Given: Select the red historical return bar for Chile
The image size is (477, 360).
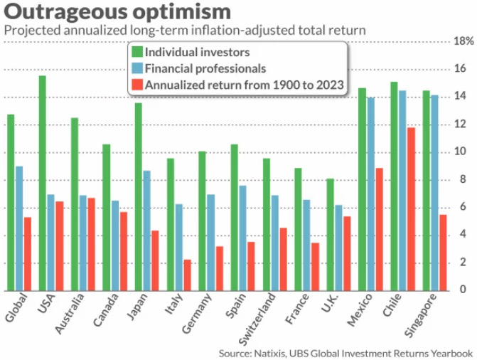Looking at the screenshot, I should (410, 209).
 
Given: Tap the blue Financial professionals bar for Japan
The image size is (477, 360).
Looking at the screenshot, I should (146, 231).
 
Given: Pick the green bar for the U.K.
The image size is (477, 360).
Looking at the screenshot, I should (330, 235).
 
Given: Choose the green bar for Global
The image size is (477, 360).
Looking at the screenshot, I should (11, 203).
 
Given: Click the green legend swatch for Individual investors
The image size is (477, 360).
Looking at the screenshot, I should (136, 53).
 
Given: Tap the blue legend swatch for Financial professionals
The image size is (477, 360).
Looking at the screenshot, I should (136, 69).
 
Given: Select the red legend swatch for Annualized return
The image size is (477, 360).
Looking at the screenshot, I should (136, 85).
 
